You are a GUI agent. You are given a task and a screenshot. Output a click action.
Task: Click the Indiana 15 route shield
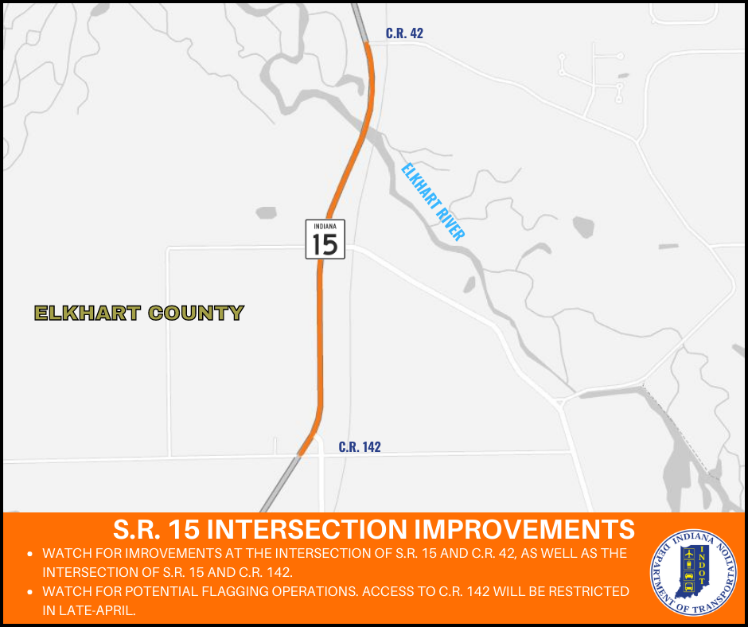325,239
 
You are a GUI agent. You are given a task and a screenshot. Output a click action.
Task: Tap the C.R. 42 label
404,33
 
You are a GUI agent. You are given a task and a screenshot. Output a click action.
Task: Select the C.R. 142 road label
360,446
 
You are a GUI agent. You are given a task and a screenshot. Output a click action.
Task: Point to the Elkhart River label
433,202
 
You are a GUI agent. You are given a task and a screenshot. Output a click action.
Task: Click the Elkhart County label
139,313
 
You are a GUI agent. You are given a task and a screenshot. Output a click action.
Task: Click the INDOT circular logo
694,573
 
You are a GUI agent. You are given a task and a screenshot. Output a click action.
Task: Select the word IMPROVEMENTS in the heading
524,529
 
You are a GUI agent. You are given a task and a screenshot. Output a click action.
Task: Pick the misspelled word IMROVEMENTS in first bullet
173,554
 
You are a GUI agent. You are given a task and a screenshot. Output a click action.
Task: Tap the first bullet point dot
30,554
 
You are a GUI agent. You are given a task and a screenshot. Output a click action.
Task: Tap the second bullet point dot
30,592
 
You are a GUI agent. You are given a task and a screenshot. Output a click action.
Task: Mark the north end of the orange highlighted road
366,42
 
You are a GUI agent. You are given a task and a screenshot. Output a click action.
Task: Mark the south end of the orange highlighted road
299,455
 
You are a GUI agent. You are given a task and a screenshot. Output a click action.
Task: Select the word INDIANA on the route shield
325,226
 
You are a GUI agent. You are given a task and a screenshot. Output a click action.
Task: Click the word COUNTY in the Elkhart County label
196,313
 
